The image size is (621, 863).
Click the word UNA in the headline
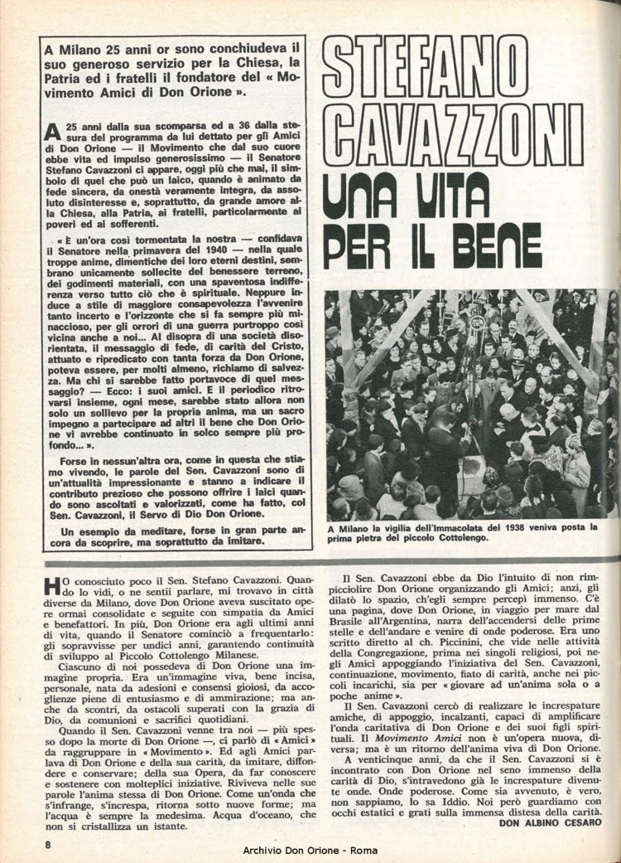tap(364, 196)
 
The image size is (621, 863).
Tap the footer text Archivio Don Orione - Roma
tap(310, 851)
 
